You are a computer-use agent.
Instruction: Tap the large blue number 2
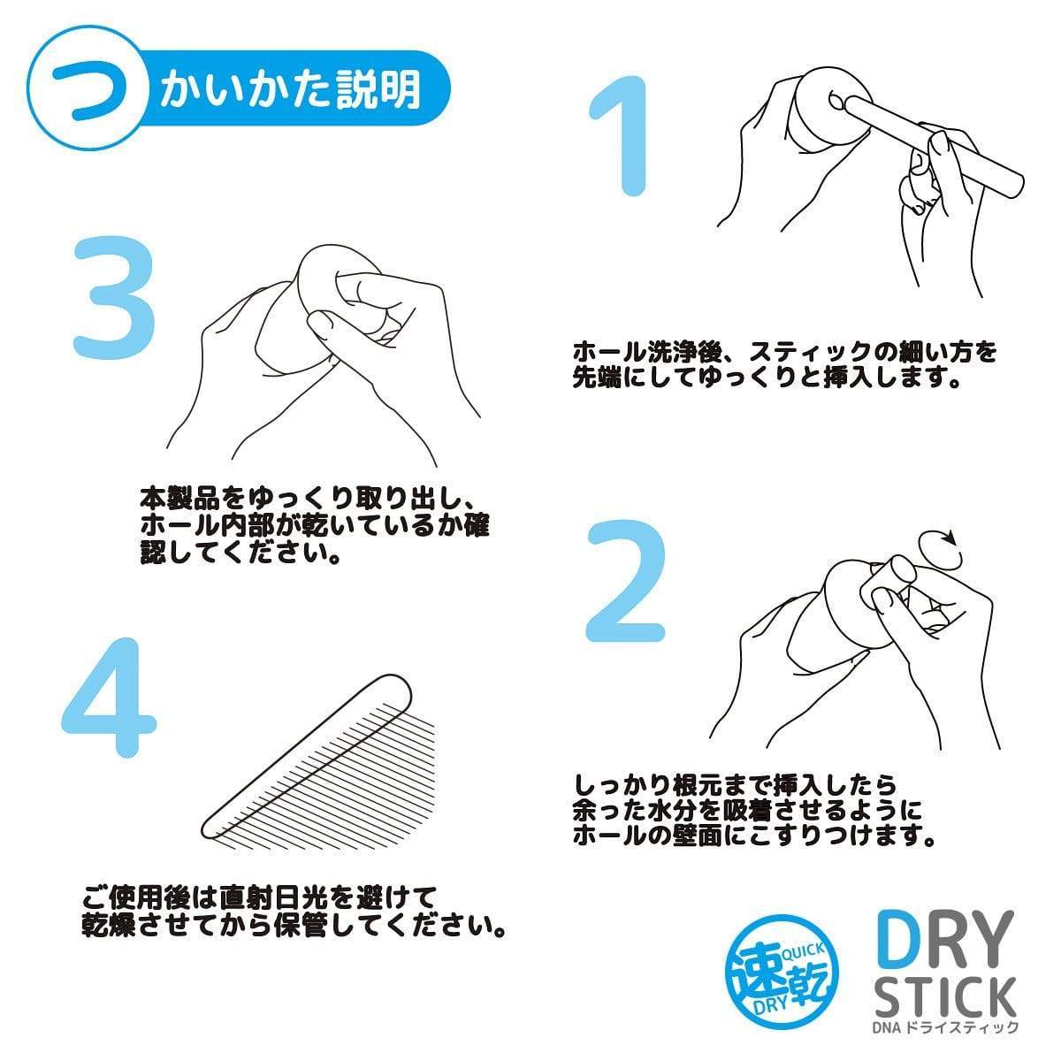coord(625,584)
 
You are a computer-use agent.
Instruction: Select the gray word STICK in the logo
coord(943,998)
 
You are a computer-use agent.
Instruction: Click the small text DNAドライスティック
coord(944,1027)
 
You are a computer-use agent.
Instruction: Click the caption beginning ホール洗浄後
coord(785,353)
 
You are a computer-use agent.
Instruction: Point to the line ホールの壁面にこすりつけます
coord(753,835)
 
